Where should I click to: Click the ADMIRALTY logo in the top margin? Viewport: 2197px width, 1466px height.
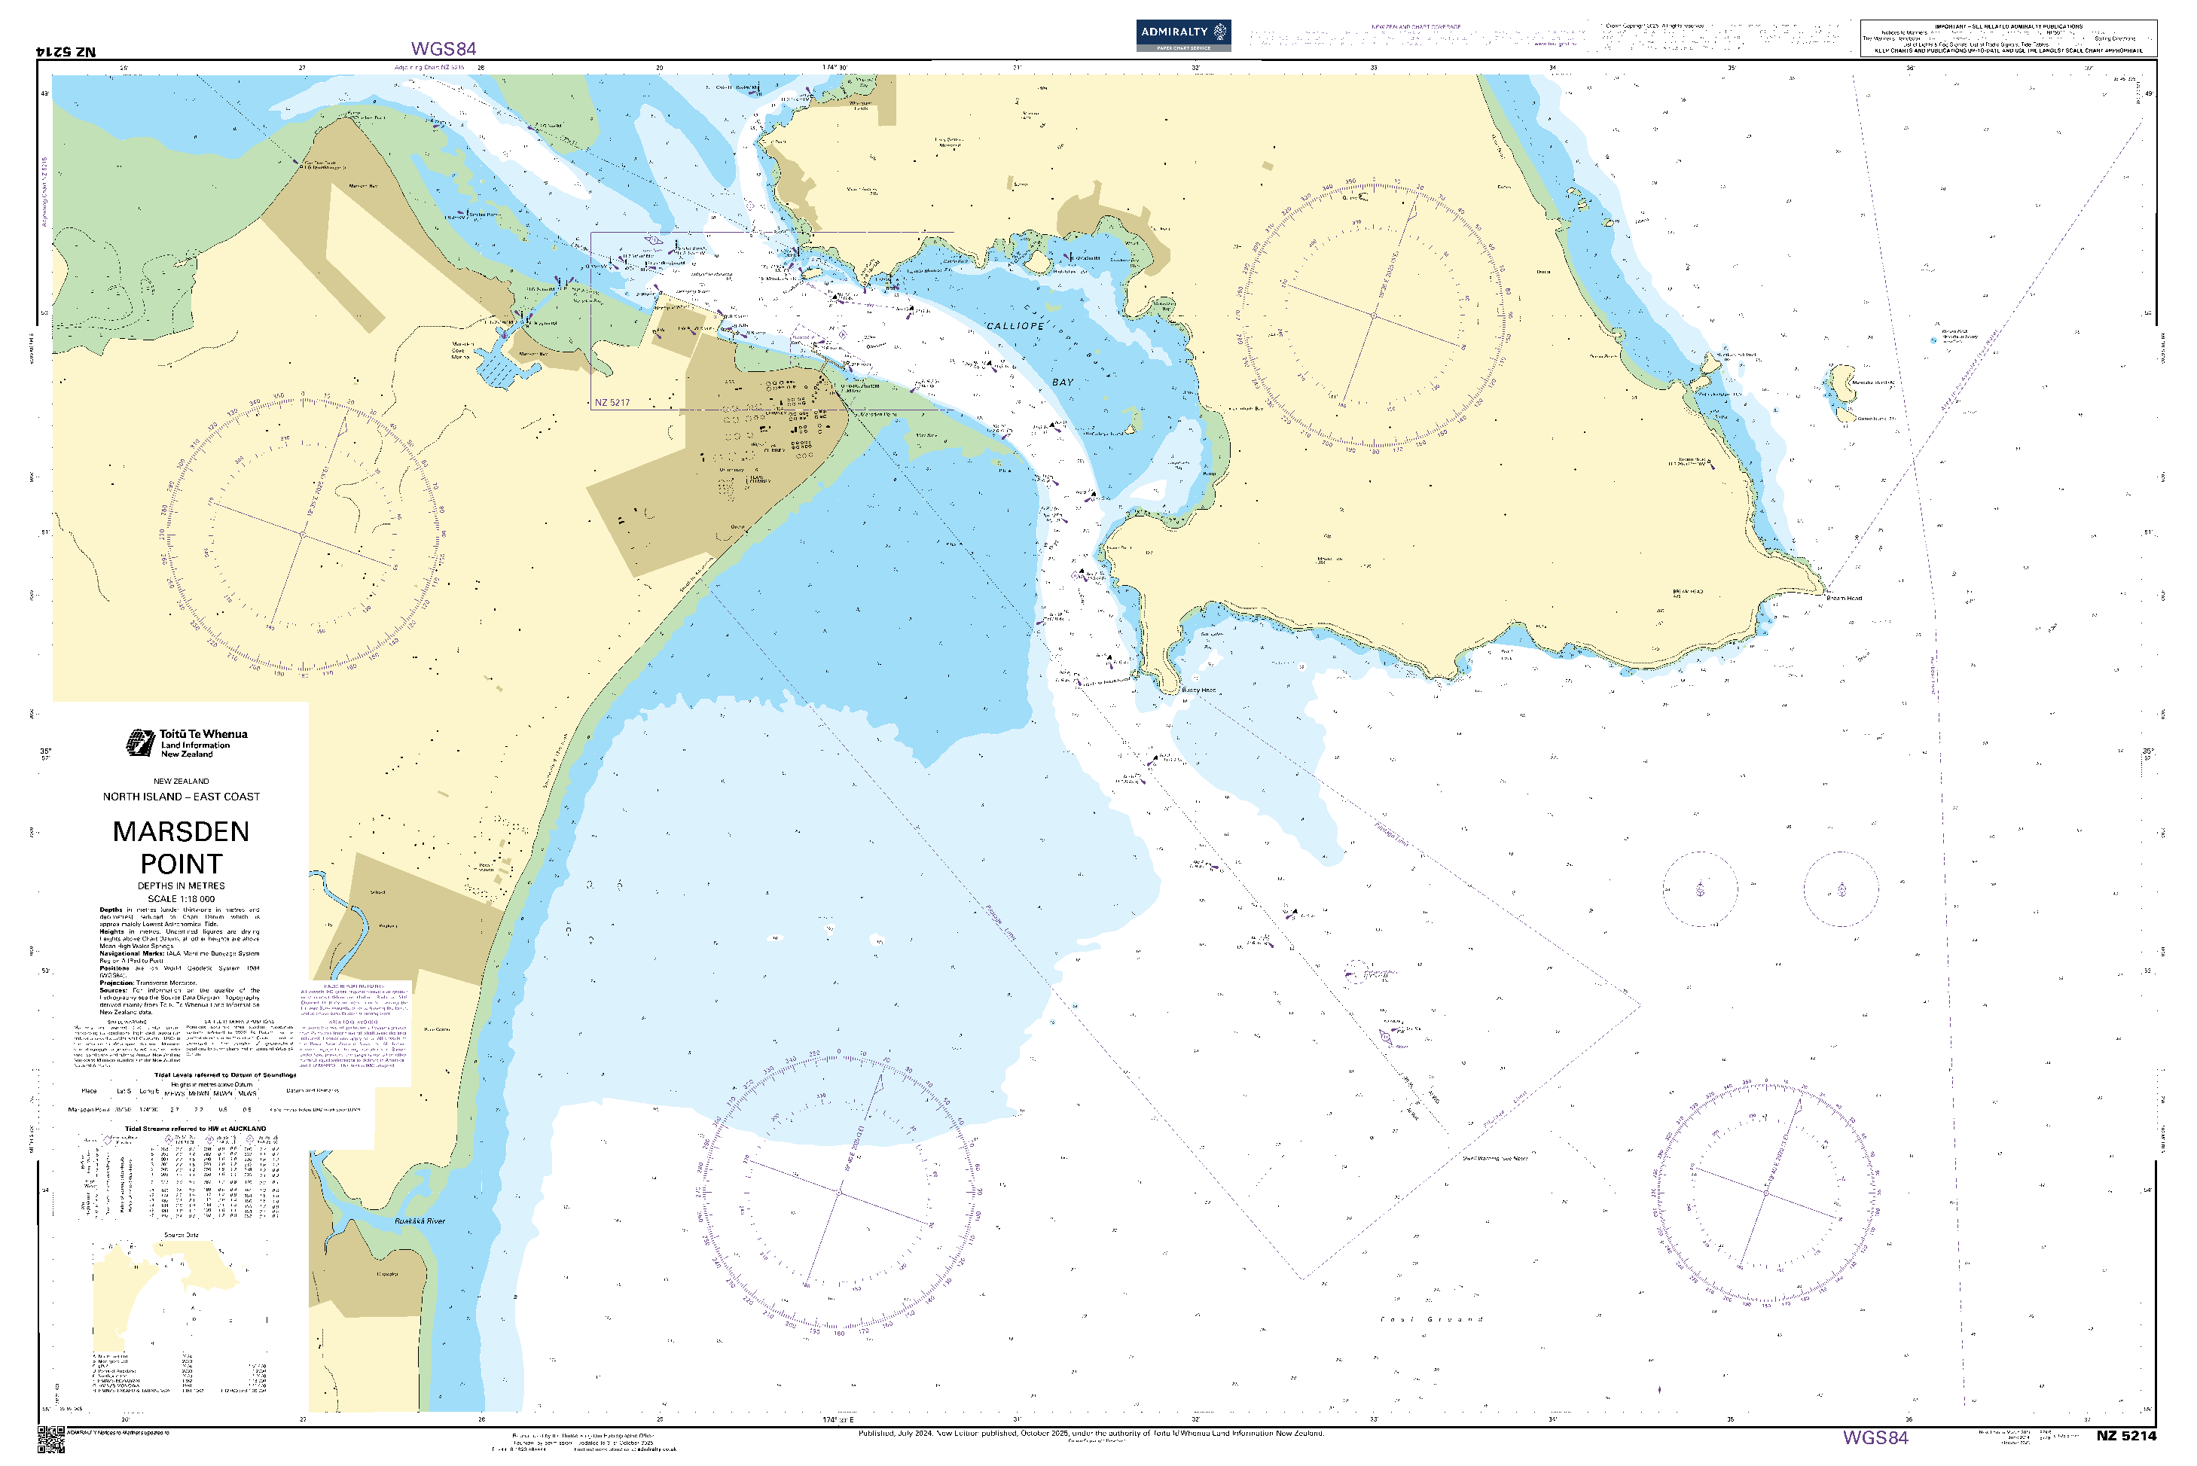[x=1182, y=35]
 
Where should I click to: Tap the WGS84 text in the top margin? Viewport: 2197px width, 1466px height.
[x=444, y=49]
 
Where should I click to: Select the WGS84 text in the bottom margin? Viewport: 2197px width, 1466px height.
[x=1875, y=1438]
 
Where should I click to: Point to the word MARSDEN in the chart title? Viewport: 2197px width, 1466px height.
[x=181, y=831]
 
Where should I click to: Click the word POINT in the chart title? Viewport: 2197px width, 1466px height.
[x=181, y=864]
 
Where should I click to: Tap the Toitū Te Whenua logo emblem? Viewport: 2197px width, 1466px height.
[x=140, y=743]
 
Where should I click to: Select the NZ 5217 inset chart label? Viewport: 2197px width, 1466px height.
[x=612, y=403]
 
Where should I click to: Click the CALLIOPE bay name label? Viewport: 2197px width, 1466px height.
[x=1015, y=326]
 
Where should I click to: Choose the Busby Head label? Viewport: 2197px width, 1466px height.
[x=1198, y=690]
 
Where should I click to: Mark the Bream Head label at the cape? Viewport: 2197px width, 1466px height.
[x=1844, y=597]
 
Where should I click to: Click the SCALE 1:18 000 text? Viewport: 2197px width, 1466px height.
[x=181, y=898]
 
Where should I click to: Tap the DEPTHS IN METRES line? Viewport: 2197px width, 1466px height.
[x=181, y=885]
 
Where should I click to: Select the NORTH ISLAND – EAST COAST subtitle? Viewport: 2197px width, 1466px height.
[x=181, y=797]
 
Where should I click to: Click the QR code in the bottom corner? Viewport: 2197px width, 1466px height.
[x=50, y=1440]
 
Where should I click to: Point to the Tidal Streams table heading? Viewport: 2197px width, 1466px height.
[x=196, y=1129]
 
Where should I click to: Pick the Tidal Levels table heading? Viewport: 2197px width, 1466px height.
[x=224, y=1075]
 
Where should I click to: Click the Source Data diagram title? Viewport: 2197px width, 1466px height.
[x=181, y=1235]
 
